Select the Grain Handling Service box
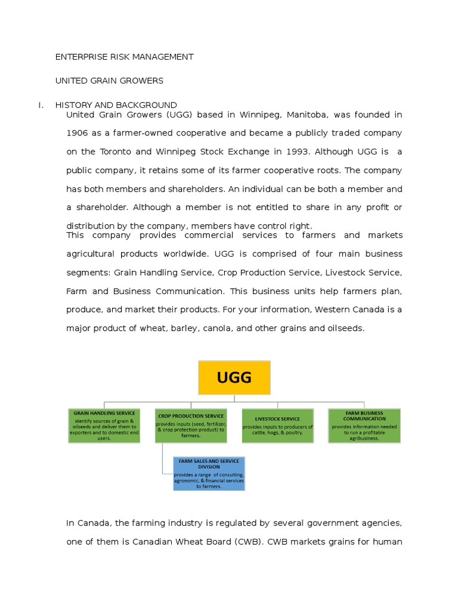(104, 425)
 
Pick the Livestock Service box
(277, 425)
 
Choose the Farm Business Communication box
(364, 425)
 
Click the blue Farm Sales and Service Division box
(209, 473)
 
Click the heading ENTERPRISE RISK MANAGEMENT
(124, 57)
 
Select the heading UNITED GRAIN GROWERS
(109, 80)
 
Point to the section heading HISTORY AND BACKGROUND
(116, 105)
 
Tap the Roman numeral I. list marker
(41, 105)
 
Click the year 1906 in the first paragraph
(77, 132)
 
